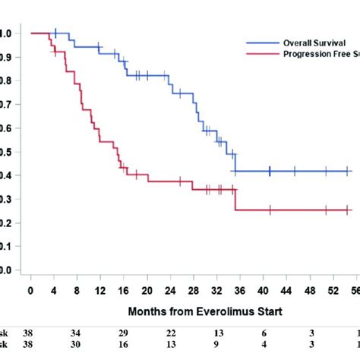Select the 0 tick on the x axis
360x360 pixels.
[x=30, y=290]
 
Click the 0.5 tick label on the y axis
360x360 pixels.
[x=5, y=152]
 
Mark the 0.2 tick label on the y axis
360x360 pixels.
[x=5, y=223]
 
